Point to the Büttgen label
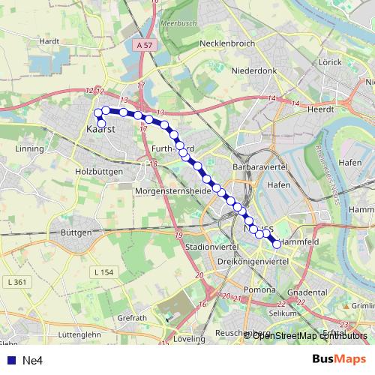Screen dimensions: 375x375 click(x=76, y=233)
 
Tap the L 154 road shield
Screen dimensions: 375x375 click(x=104, y=271)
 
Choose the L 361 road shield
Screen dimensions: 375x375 click(x=15, y=282)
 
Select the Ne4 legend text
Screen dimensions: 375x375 click(x=31, y=360)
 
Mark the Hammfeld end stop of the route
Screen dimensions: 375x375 click(x=277, y=243)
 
